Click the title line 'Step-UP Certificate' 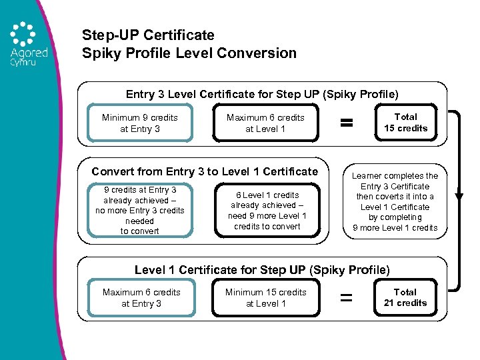click(148, 35)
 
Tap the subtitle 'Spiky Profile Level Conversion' click(189, 53)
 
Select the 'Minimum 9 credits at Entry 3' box click(140, 123)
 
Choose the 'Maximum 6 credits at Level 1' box click(265, 123)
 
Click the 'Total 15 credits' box click(405, 123)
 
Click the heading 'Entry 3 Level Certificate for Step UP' click(262, 94)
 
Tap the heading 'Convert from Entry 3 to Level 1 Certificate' click(204, 171)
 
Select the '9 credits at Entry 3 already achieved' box click(140, 211)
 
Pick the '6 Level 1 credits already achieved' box click(267, 211)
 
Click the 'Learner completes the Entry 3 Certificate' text click(395, 201)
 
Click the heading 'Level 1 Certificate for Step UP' click(262, 269)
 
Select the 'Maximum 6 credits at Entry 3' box click(141, 298)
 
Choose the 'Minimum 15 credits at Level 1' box click(266, 298)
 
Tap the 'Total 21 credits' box click(405, 297)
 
